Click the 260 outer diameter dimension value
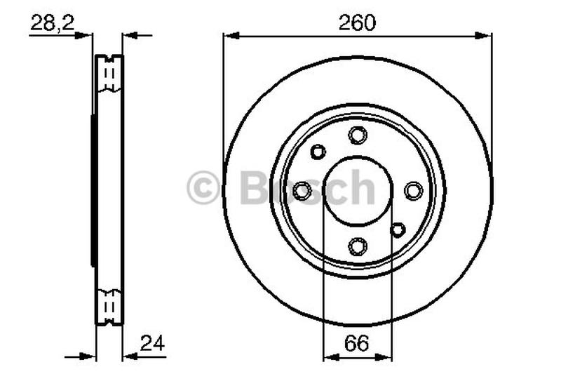click(358, 22)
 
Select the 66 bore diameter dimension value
click(358, 344)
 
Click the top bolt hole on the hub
click(358, 135)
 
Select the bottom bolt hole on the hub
click(358, 246)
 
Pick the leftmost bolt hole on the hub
click(302, 190)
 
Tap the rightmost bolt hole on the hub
click(413, 190)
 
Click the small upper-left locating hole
click(318, 151)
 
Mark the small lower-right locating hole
click(398, 229)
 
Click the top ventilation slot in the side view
click(109, 74)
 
